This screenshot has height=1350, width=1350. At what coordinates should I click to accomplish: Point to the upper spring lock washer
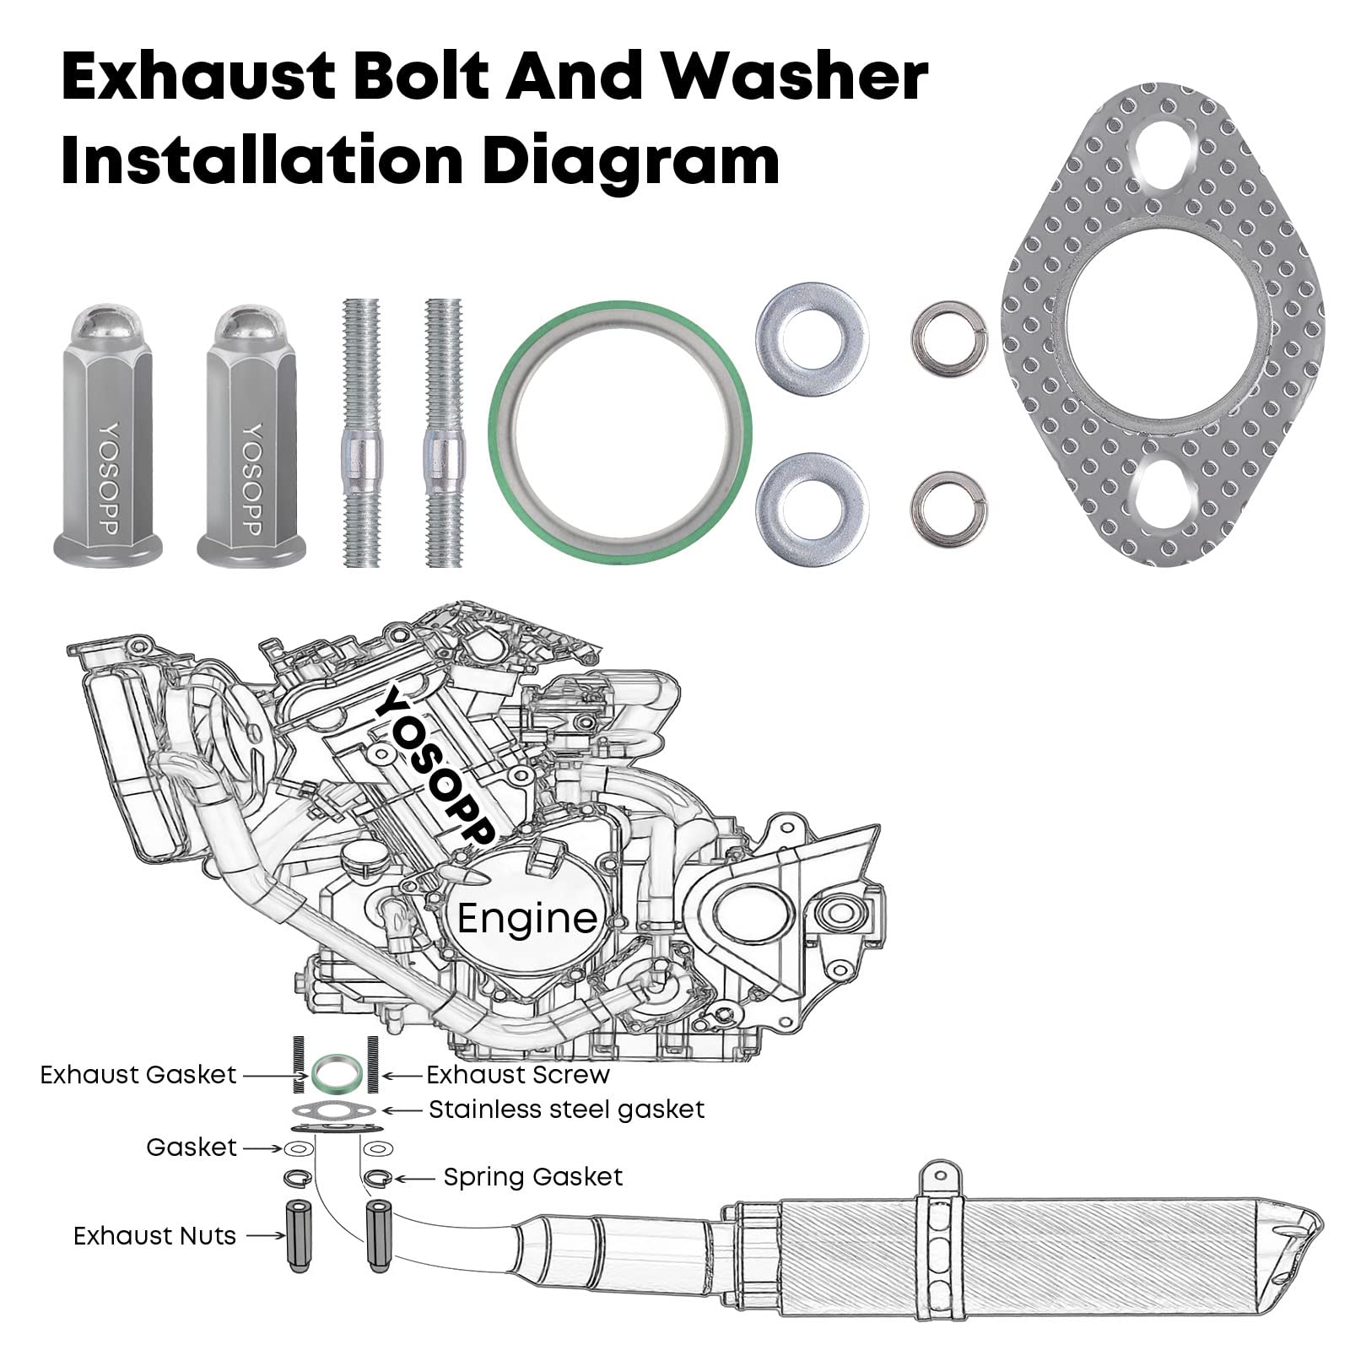click(x=948, y=337)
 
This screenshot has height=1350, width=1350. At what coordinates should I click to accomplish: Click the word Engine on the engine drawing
click(x=527, y=918)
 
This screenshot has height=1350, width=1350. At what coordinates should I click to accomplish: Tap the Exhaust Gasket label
click(x=138, y=1075)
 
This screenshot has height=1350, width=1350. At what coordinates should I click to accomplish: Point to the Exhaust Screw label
click(x=518, y=1075)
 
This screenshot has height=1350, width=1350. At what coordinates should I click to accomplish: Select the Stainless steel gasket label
click(x=566, y=1109)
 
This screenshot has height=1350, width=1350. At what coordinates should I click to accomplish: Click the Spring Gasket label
click(x=533, y=1177)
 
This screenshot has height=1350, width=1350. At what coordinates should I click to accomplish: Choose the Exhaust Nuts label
click(x=154, y=1236)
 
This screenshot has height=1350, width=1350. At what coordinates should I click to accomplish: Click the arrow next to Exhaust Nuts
click(x=268, y=1236)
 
